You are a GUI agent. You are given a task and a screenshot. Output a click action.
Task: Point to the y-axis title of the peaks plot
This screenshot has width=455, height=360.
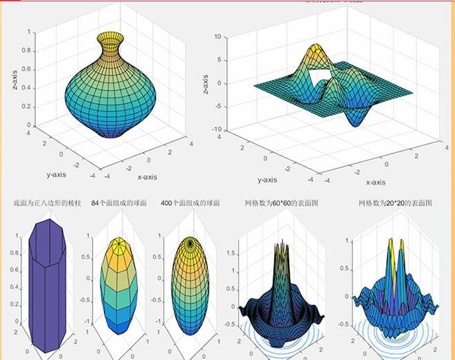267,180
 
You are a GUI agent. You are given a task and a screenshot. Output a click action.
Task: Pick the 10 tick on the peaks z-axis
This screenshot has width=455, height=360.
217,36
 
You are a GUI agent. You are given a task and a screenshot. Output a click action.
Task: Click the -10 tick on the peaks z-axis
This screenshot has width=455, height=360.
215,130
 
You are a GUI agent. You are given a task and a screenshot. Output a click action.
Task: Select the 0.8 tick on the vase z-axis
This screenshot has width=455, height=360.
25,50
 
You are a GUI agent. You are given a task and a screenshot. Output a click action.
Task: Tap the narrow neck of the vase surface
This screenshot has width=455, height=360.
110,49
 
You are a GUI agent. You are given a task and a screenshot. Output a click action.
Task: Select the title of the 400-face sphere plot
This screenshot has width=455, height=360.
190,204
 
